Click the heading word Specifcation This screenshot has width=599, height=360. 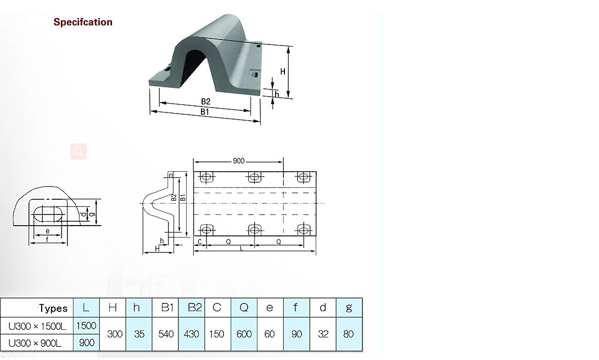click(x=83, y=22)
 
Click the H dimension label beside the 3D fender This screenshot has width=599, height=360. click(x=283, y=71)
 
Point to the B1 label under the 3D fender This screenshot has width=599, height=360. click(x=204, y=111)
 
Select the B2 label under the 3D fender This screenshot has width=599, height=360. click(x=205, y=102)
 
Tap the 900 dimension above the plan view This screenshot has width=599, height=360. click(x=239, y=161)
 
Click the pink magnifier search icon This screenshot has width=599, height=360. click(x=79, y=151)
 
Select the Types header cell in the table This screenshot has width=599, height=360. click(x=53, y=308)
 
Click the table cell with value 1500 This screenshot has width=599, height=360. click(x=86, y=325)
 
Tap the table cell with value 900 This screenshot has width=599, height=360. click(x=87, y=342)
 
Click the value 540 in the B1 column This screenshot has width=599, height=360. click(x=166, y=334)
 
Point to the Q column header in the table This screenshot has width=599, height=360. click(x=244, y=307)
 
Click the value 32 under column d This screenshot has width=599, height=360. click(x=323, y=334)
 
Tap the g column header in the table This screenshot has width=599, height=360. click(x=349, y=307)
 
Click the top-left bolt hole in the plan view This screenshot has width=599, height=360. click(x=206, y=178)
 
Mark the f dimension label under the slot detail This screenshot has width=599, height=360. click(x=47, y=239)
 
